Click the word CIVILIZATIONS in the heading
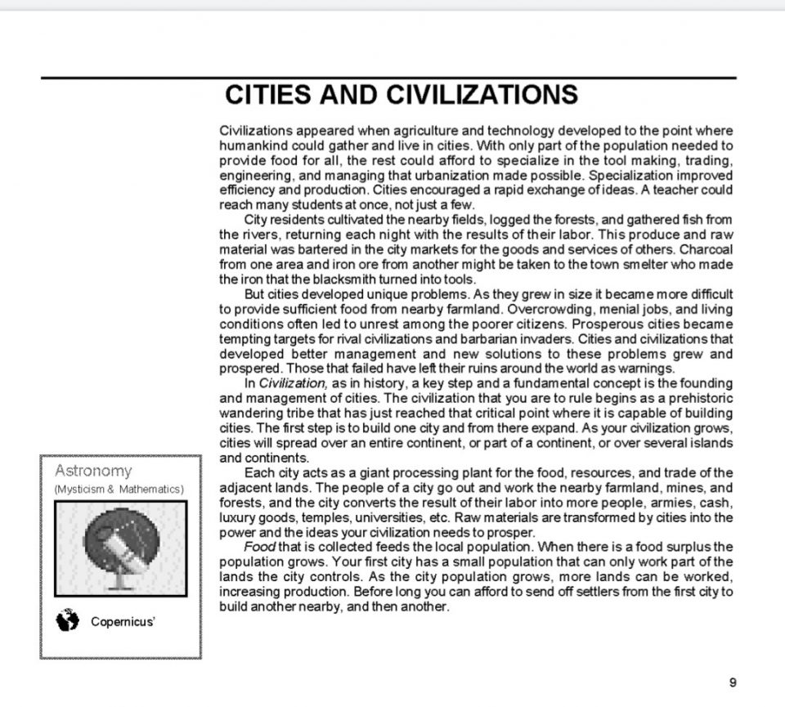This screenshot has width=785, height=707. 482,96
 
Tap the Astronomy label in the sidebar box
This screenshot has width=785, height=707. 93,471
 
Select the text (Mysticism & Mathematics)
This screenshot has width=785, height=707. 119,489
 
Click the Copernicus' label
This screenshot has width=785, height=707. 123,622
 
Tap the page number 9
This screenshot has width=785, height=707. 732,682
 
